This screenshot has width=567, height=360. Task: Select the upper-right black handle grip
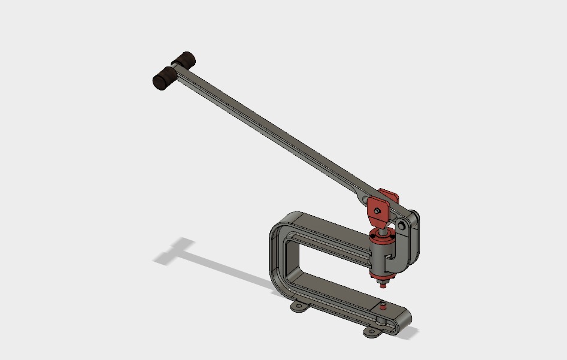point(183,60)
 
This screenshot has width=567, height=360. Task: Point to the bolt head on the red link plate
point(377,210)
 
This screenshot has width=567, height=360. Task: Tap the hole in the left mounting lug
point(298,307)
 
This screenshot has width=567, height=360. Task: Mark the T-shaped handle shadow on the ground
point(180,251)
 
